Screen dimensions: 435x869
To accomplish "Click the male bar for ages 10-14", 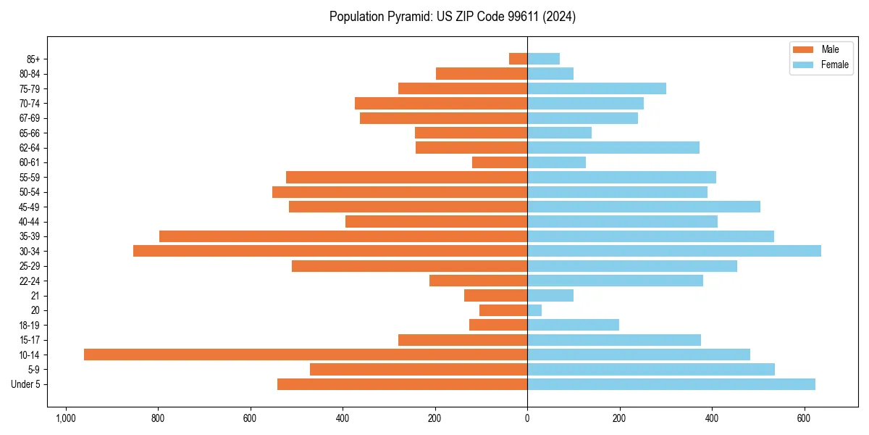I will (x=305, y=355).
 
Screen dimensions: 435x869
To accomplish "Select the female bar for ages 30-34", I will (x=673, y=251).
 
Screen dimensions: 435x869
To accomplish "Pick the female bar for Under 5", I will (x=671, y=384).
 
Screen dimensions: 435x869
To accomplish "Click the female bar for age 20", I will (x=534, y=310).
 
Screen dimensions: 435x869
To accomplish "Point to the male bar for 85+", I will (x=518, y=59).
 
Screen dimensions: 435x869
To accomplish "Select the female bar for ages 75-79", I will (x=596, y=88).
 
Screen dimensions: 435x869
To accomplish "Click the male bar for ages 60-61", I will (x=499, y=162).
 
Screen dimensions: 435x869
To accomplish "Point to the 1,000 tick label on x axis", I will (x=66, y=418).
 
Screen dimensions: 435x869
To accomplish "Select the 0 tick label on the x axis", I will (x=527, y=418).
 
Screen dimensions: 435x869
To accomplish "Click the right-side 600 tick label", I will (x=804, y=418).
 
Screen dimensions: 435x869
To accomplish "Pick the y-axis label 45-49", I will (x=29, y=207).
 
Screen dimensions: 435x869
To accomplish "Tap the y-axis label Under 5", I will (x=25, y=384).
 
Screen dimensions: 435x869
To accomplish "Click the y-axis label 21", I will (x=35, y=296).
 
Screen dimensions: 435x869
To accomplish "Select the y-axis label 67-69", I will (x=29, y=118).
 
